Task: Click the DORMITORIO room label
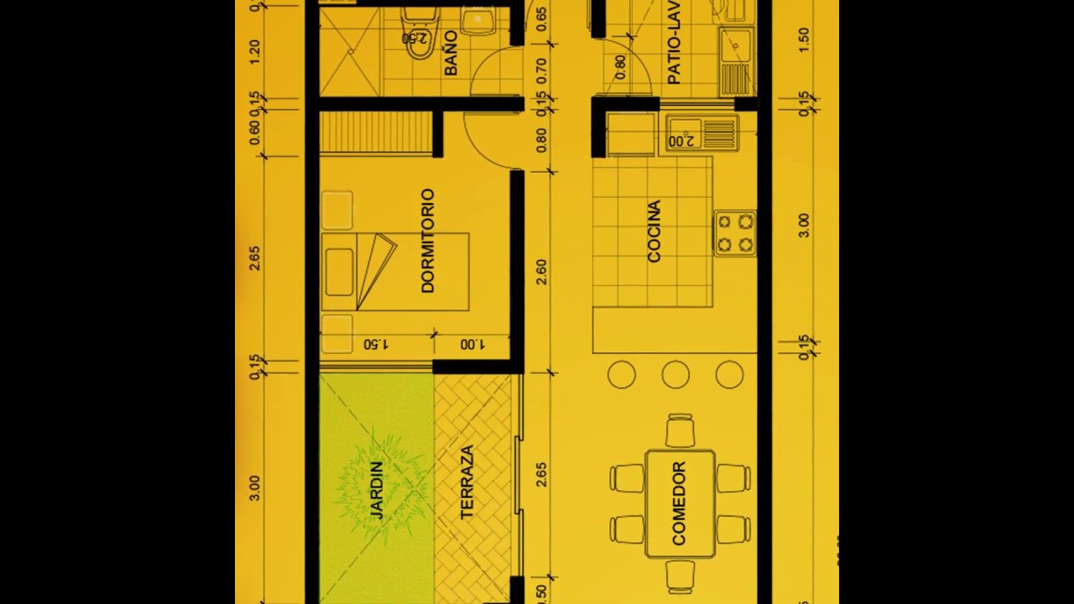pyautogui.click(x=428, y=241)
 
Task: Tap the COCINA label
pyautogui.click(x=654, y=232)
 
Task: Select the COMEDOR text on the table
pyautogui.click(x=679, y=503)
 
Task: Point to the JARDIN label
pyautogui.click(x=376, y=490)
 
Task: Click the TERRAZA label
pyautogui.click(x=467, y=482)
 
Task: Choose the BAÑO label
pyautogui.click(x=451, y=54)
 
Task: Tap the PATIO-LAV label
pyautogui.click(x=674, y=47)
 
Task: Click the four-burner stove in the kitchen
pyautogui.click(x=735, y=233)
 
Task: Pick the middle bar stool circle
pyautogui.click(x=675, y=375)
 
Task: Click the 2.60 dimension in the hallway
pyautogui.click(x=541, y=272)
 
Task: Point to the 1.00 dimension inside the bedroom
pyautogui.click(x=472, y=345)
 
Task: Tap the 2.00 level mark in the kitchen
pyautogui.click(x=684, y=140)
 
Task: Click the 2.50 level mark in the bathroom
pyautogui.click(x=414, y=38)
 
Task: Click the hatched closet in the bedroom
pyautogui.click(x=376, y=133)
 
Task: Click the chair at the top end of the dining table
pyautogui.click(x=680, y=430)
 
